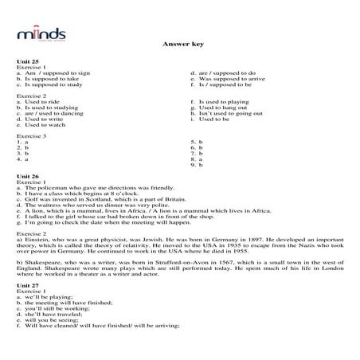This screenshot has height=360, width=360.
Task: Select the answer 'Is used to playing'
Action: pyautogui.click(x=227, y=101)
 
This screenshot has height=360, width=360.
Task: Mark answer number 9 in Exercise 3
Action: pyautogui.click(x=194, y=164)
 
